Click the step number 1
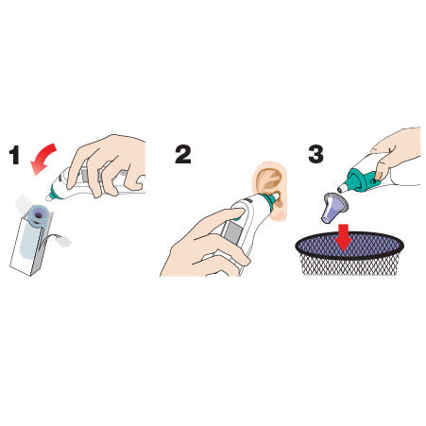(x=14, y=155)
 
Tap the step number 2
(x=183, y=154)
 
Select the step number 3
(x=315, y=154)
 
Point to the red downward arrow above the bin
(x=344, y=238)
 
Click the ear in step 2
(x=271, y=190)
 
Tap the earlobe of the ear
(x=281, y=214)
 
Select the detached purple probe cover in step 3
(x=333, y=209)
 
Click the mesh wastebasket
(x=349, y=254)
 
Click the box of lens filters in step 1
(x=31, y=239)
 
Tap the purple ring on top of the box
(x=38, y=214)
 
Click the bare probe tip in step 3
(x=342, y=188)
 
